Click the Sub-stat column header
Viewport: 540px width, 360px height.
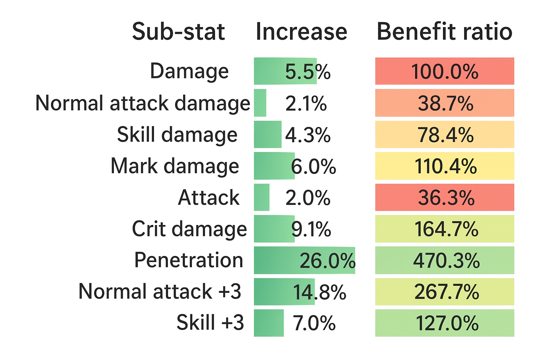[x=178, y=32]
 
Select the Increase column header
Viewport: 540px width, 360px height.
[x=301, y=32]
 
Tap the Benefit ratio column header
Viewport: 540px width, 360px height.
[x=444, y=32]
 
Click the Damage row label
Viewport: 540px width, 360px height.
[x=189, y=71]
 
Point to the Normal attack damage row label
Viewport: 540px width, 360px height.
[x=143, y=103]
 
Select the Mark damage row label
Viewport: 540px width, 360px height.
[x=175, y=166]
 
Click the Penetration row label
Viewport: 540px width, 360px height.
[x=189, y=260]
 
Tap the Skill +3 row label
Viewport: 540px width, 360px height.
[x=210, y=323]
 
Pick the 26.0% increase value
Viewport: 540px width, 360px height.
[x=327, y=261]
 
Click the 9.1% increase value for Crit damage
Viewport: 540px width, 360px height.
[x=311, y=229]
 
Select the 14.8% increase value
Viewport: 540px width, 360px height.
[x=320, y=292]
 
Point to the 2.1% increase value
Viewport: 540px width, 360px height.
[x=306, y=103]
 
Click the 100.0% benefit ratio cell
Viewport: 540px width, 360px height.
[x=444, y=71]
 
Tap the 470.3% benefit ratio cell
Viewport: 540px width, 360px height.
[x=444, y=261]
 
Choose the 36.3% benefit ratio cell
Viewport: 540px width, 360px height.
[x=444, y=198]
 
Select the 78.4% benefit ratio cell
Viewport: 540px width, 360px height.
[x=444, y=135]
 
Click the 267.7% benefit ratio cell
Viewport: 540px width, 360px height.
[x=444, y=292]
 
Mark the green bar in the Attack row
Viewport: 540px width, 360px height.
[x=262, y=197]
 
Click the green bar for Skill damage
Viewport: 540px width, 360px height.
[x=268, y=134]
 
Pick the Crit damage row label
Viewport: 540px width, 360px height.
[x=189, y=229]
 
